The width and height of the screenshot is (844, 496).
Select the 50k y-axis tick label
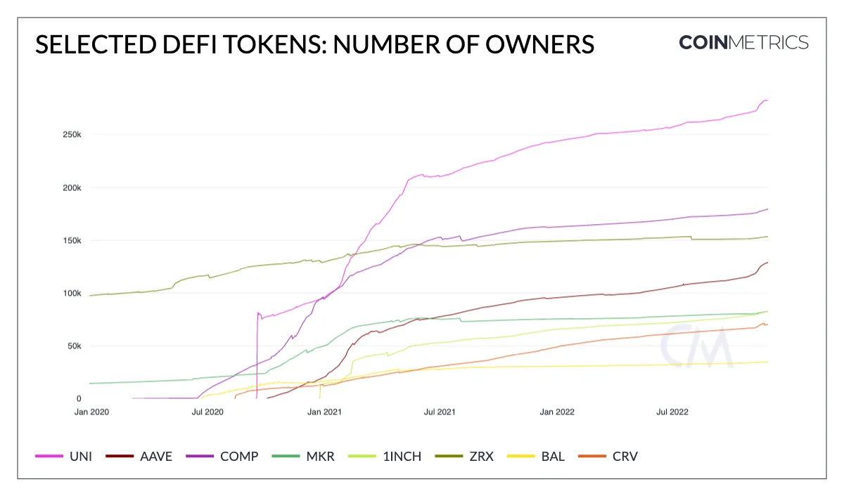[74, 346]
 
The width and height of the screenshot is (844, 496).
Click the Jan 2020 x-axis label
[92, 412]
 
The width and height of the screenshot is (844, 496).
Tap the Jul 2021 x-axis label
[440, 412]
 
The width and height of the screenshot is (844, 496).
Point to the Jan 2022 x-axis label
[556, 412]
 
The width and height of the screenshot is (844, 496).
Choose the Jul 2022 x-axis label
[672, 412]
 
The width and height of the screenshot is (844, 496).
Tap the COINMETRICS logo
[743, 43]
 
